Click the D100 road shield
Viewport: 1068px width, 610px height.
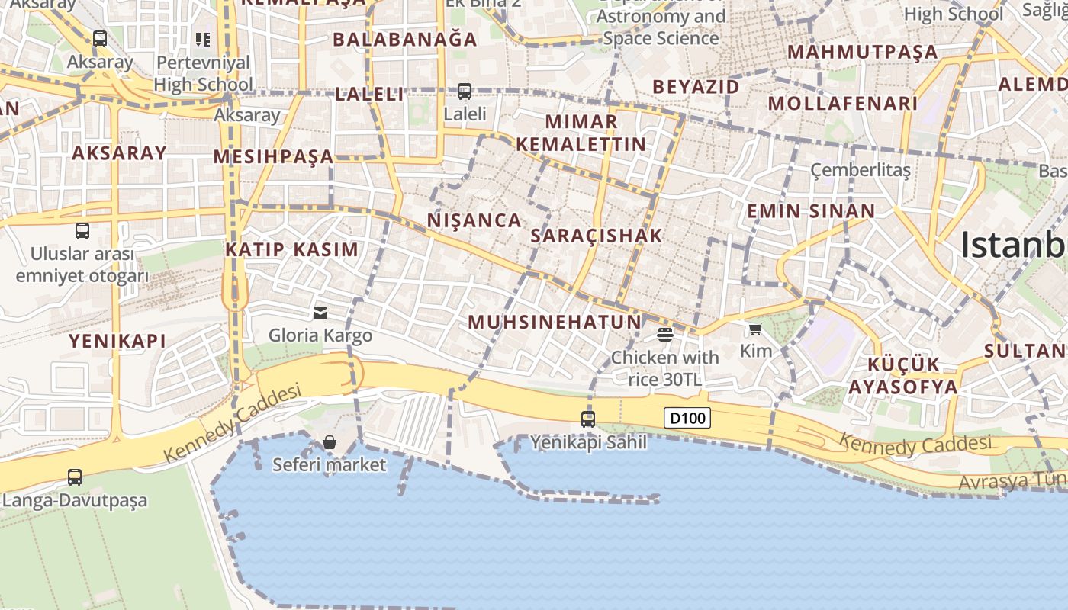click(x=687, y=418)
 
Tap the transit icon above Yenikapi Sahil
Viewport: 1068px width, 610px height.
click(x=588, y=419)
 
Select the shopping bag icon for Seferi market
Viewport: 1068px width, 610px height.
click(x=330, y=442)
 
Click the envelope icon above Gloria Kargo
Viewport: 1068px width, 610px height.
click(x=320, y=313)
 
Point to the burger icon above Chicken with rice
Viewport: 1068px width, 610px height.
click(x=665, y=334)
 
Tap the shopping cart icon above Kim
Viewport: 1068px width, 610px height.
click(x=755, y=329)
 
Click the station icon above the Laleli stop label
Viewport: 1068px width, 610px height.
click(x=465, y=91)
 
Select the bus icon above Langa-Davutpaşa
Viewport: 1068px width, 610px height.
click(x=75, y=477)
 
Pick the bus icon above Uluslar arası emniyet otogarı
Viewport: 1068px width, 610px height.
click(x=82, y=230)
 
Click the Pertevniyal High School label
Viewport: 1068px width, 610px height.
click(x=203, y=73)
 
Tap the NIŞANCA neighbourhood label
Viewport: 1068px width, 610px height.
click(x=474, y=220)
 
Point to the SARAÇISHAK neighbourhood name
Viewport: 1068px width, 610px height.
click(x=597, y=236)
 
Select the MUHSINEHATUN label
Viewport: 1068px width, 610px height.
click(x=555, y=322)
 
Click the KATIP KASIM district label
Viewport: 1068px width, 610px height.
click(x=291, y=249)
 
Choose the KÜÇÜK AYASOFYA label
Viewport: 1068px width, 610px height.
click(x=903, y=375)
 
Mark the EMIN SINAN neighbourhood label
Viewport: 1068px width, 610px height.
click(x=811, y=211)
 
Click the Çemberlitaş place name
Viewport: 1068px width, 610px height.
click(x=861, y=169)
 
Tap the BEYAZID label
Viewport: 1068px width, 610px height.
click(x=696, y=87)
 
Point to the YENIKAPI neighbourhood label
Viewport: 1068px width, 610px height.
click(x=117, y=341)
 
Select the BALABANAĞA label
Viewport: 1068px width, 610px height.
click(x=405, y=39)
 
